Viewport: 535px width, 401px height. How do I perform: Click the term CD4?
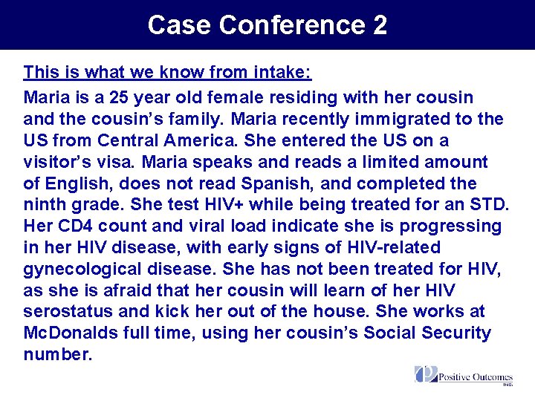coord(72,226)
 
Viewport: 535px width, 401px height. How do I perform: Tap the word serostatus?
coord(67,312)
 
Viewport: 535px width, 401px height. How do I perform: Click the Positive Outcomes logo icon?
coord(426,374)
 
